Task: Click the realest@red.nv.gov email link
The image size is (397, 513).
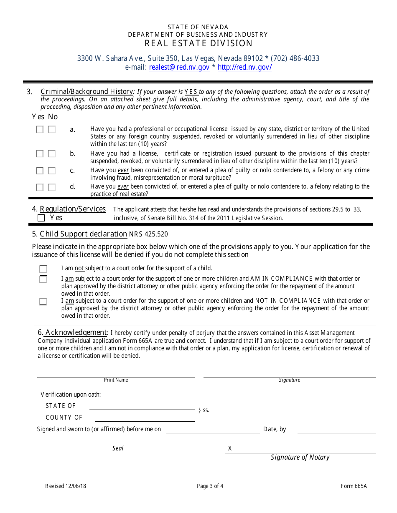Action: pos(179,67)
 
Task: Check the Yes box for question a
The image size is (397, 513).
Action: pos(39,130)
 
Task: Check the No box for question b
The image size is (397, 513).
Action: pos(51,154)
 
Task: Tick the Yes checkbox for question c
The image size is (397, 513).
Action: pos(39,171)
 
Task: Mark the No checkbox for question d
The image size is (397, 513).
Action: pos(51,187)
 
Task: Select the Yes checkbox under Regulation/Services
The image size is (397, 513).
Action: pos(41,218)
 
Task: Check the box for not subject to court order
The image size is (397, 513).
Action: pos(43,269)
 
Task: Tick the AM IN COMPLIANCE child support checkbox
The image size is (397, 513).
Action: pos(43,279)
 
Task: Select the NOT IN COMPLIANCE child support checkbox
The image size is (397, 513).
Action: pos(43,301)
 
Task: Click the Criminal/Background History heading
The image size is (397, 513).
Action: pos(87,92)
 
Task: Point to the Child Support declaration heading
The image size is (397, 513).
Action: pos(83,234)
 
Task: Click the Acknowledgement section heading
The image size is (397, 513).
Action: pos(76,332)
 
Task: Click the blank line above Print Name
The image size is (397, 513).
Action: pos(116,374)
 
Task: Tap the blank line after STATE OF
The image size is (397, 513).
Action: pos(142,407)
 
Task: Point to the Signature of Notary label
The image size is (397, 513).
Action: pos(300,458)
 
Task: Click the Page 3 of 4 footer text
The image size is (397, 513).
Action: pos(210,486)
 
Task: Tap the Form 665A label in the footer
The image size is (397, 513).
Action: pos(354,486)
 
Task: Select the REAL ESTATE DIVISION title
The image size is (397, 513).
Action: pos(198,43)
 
